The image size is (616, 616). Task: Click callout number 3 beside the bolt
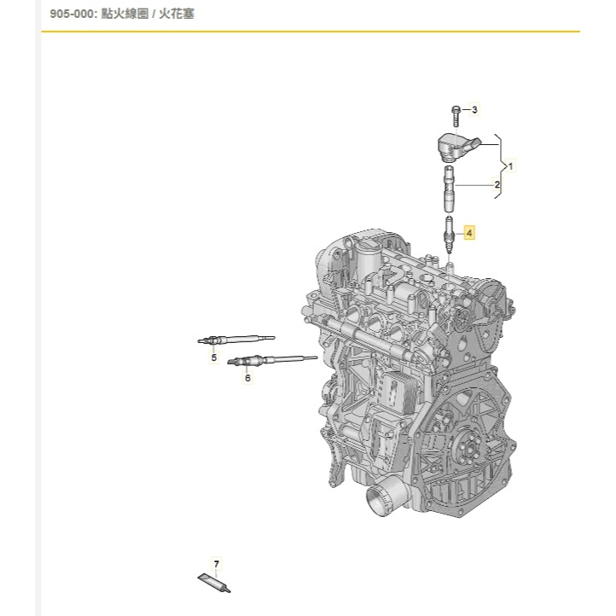coord(475,109)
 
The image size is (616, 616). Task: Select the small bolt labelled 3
coord(456,112)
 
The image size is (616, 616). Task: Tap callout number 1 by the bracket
coord(510,164)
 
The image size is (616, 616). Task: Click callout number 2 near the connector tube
coord(497,184)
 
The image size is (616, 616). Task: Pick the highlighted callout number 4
coord(468,231)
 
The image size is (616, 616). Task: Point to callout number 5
coord(214,357)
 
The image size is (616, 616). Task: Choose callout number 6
coord(247,376)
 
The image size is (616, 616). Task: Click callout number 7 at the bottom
coord(217,564)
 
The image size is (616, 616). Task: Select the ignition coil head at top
coord(457,146)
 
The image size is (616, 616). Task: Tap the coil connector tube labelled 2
coord(449,191)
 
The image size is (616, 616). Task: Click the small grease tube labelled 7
coord(213,582)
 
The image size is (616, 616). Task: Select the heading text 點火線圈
coord(135,15)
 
